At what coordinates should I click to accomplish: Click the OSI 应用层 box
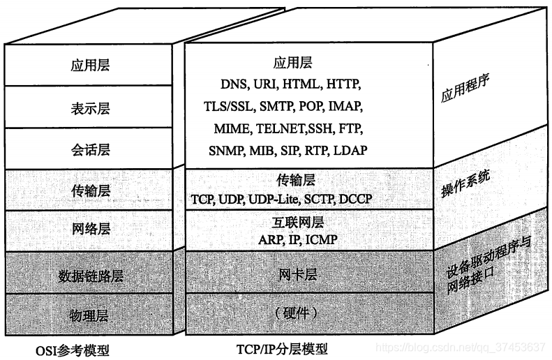[91, 66]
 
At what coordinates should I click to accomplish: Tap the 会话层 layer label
[91, 149]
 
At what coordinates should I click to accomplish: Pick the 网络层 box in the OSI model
[91, 230]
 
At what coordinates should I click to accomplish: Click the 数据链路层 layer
[91, 277]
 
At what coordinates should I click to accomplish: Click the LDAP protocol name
[350, 151]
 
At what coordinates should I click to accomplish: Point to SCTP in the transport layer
[319, 200]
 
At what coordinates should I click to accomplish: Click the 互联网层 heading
[297, 224]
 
